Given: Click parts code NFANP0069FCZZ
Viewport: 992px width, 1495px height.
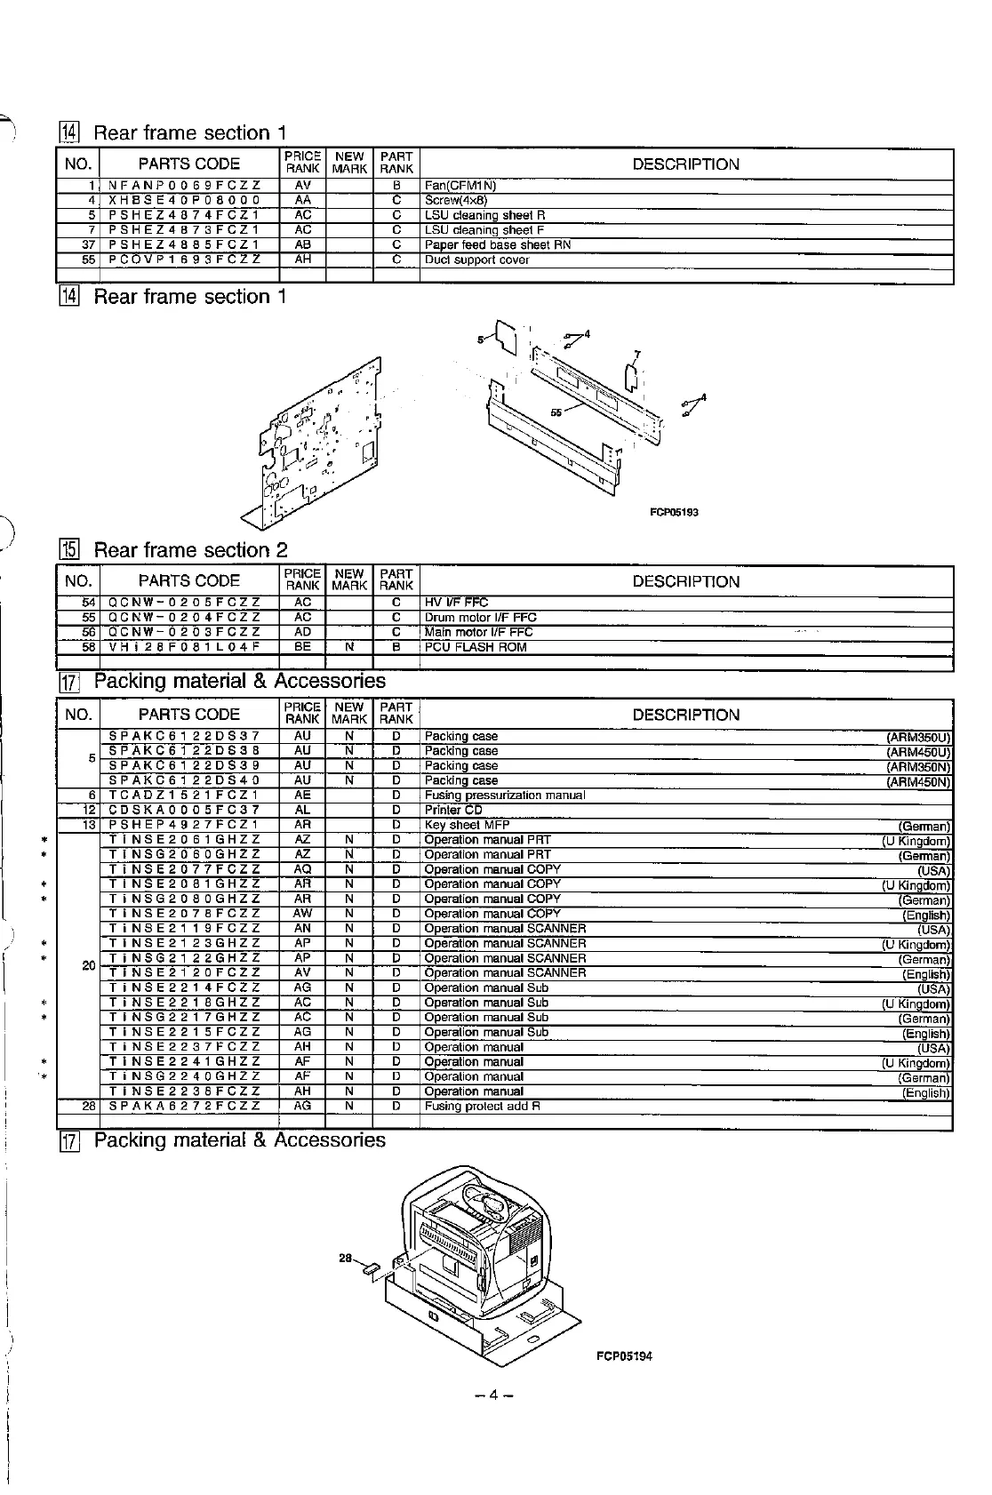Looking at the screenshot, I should click(184, 186).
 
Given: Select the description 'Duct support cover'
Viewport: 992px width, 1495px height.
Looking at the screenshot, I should click(476, 260).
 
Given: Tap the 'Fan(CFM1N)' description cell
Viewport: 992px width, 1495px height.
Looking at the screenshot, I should click(460, 186).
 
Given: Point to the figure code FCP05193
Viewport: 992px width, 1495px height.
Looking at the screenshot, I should click(674, 513).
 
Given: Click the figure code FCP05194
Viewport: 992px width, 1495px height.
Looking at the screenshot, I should click(624, 1356).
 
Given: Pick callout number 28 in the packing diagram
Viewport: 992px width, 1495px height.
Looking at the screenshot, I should click(347, 1258).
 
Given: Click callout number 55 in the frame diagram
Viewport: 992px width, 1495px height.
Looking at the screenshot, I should click(556, 412).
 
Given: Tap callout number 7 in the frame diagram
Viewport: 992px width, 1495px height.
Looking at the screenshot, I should click(636, 354).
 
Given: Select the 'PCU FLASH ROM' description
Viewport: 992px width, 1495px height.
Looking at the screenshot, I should click(475, 647).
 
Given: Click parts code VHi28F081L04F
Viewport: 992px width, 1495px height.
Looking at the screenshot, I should click(184, 647).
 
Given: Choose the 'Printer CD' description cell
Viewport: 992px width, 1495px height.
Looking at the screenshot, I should click(453, 810).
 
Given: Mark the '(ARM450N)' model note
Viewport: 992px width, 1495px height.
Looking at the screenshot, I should click(918, 782).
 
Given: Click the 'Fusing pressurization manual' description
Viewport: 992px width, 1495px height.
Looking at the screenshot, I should click(504, 795).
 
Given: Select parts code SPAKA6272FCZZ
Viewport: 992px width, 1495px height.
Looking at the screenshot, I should click(184, 1107).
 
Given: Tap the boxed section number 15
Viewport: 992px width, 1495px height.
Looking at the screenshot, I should click(69, 551).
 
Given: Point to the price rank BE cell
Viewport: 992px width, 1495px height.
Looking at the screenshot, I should click(302, 647).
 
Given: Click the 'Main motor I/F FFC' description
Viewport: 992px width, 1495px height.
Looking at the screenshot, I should click(478, 632).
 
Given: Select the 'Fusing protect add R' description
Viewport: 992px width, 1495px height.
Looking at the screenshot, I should click(482, 1107).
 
